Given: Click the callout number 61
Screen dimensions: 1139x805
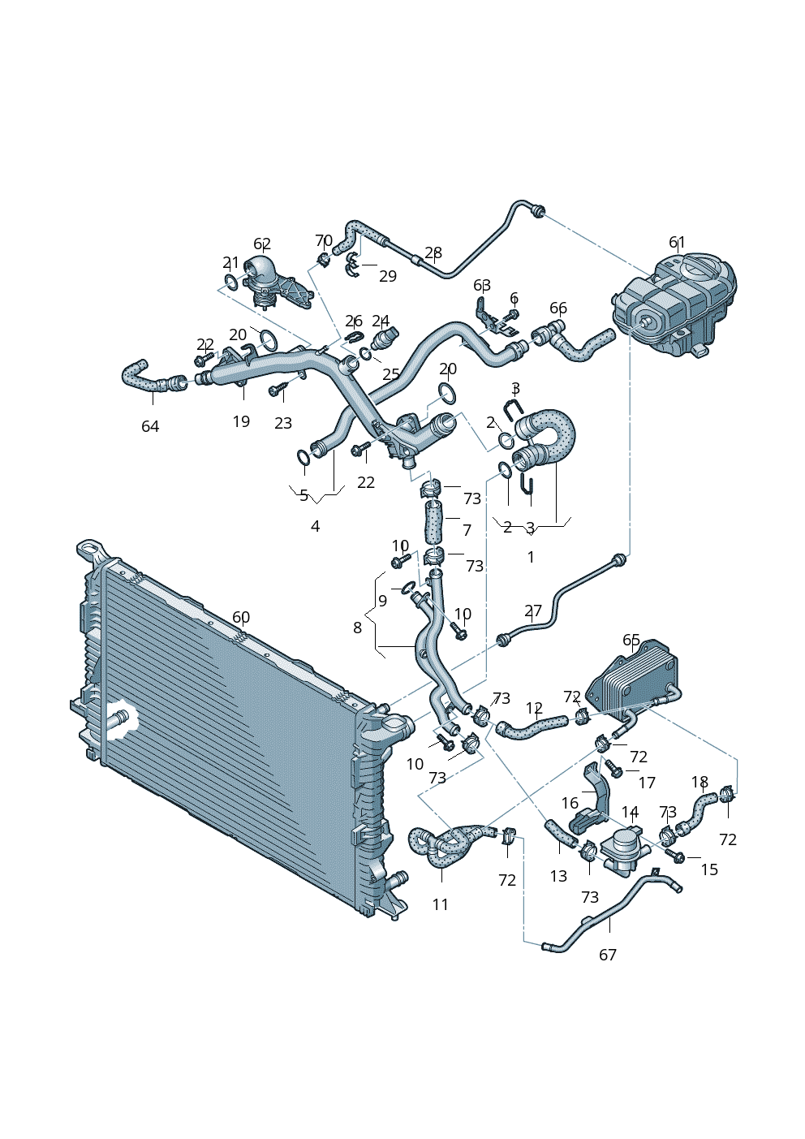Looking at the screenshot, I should click(677, 242).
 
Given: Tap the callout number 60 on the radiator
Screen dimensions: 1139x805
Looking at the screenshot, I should click(241, 617).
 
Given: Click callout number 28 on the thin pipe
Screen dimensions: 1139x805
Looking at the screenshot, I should click(433, 252).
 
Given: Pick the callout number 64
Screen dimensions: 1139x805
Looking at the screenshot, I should click(150, 426).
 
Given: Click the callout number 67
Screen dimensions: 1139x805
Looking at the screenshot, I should click(608, 955).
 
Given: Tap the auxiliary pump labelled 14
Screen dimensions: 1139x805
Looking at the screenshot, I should click(626, 849).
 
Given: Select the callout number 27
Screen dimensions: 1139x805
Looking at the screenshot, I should click(532, 610).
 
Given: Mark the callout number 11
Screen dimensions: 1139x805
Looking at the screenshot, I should click(440, 904).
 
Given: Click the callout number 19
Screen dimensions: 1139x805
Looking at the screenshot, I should click(241, 421).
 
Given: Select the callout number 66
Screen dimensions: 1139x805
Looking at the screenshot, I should click(558, 308).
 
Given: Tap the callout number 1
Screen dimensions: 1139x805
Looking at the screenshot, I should click(531, 557).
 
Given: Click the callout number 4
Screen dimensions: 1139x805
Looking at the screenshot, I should click(315, 526).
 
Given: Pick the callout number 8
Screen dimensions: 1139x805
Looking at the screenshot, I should click(357, 627).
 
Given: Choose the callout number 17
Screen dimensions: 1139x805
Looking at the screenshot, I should click(647, 783).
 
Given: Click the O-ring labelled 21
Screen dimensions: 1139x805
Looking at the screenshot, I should click(230, 283).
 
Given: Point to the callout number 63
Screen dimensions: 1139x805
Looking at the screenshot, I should click(482, 285).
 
